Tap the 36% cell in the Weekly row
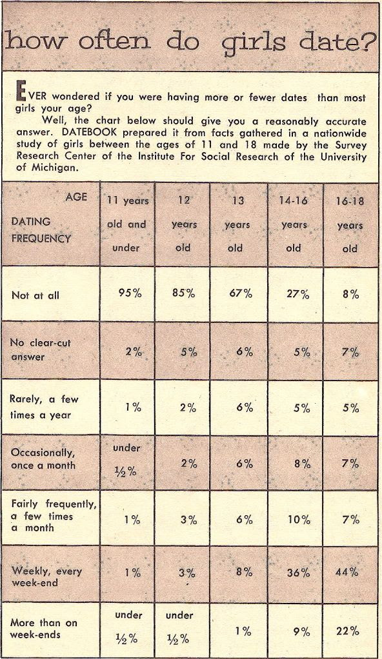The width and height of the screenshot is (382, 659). tap(298, 572)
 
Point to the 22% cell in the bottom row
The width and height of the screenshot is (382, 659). tap(348, 631)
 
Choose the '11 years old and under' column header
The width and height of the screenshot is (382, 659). tap(126, 224)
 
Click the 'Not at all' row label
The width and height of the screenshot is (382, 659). tap(35, 295)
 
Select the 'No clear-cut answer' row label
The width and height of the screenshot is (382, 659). tap(41, 349)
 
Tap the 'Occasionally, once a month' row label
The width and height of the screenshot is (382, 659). tap(43, 459)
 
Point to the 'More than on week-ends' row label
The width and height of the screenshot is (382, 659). tap(44, 628)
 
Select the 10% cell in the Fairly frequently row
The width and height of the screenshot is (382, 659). tap(299, 520)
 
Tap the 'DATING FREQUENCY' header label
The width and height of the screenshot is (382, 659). tap(41, 230)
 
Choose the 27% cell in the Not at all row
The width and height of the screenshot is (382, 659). tap(298, 294)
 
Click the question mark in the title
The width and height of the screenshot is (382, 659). tap(369, 41)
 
